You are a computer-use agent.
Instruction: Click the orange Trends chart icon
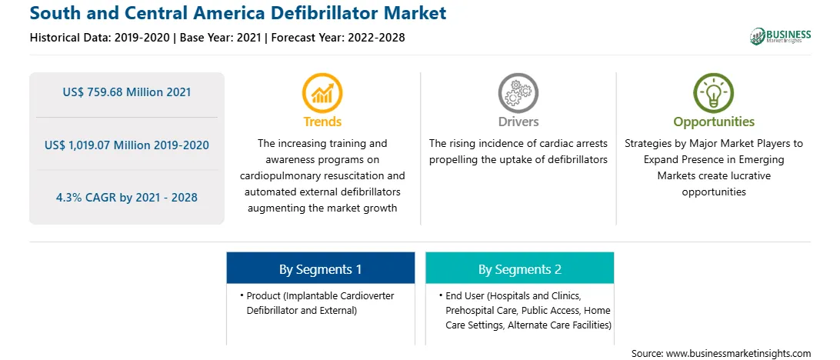tap(322, 93)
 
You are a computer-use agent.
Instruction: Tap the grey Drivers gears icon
tap(518, 93)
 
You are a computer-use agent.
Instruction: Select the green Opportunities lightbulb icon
tap(714, 93)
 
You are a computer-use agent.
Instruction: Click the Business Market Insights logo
tap(781, 36)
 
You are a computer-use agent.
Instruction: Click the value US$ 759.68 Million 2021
tap(126, 92)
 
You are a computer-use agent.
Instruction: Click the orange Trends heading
tap(322, 122)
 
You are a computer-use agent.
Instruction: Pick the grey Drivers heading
tap(518, 122)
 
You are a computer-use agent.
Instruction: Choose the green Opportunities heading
tap(714, 122)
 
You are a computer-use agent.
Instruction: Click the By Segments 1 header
tap(320, 269)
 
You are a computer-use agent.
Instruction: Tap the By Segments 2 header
tap(520, 269)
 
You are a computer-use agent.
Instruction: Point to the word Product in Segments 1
tap(262, 296)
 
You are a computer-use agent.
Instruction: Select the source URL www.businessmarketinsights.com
tap(738, 353)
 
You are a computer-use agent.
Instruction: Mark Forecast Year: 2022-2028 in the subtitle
tap(336, 38)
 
